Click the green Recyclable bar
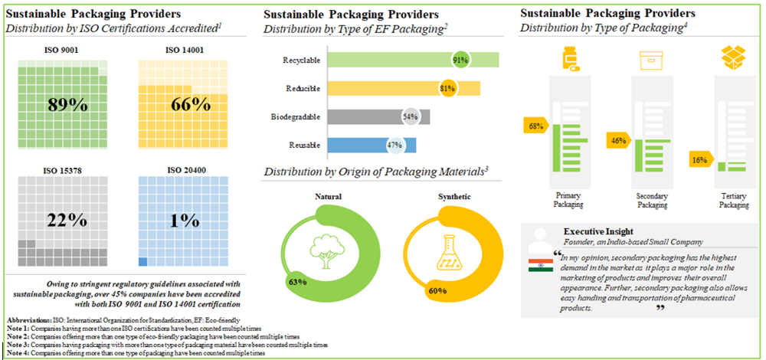(383, 61)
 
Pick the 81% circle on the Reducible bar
(448, 88)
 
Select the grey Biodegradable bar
(368, 116)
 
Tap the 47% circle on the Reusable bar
(395, 145)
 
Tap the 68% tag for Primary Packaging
(535, 125)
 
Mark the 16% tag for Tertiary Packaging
(699, 160)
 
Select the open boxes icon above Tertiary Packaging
(733, 58)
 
